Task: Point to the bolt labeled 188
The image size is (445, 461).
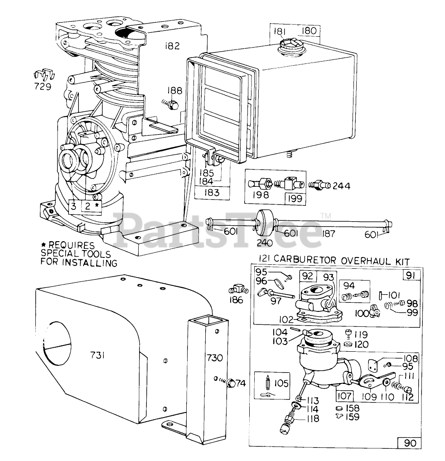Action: click(172, 105)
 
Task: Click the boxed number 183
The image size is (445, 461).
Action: click(211, 192)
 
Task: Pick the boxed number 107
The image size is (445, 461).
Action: click(344, 396)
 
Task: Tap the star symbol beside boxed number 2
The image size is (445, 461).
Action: click(97, 205)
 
